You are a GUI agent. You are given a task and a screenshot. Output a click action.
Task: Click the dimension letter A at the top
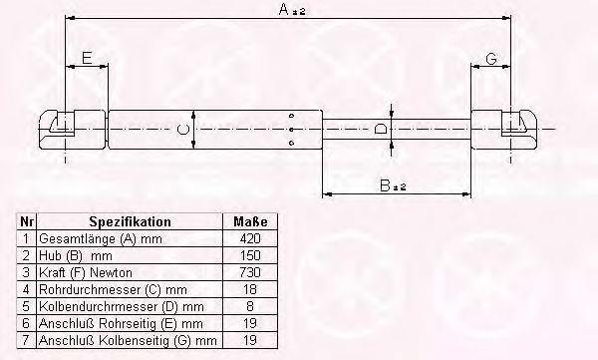click(284, 9)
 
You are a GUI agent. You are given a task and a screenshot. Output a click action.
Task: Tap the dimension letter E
click(87, 58)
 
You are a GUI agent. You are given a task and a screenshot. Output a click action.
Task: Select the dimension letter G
click(491, 59)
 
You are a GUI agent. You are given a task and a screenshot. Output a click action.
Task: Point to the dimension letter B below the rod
click(385, 185)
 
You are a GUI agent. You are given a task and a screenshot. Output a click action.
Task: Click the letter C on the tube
click(183, 129)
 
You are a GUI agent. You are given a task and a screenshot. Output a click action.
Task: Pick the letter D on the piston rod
click(381, 129)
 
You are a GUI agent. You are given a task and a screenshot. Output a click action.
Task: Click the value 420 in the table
click(250, 238)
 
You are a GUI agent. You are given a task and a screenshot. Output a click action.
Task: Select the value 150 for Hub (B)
click(250, 255)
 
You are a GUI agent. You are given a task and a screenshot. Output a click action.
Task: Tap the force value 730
click(250, 272)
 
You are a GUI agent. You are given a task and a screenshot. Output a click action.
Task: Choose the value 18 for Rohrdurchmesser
click(250, 289)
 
